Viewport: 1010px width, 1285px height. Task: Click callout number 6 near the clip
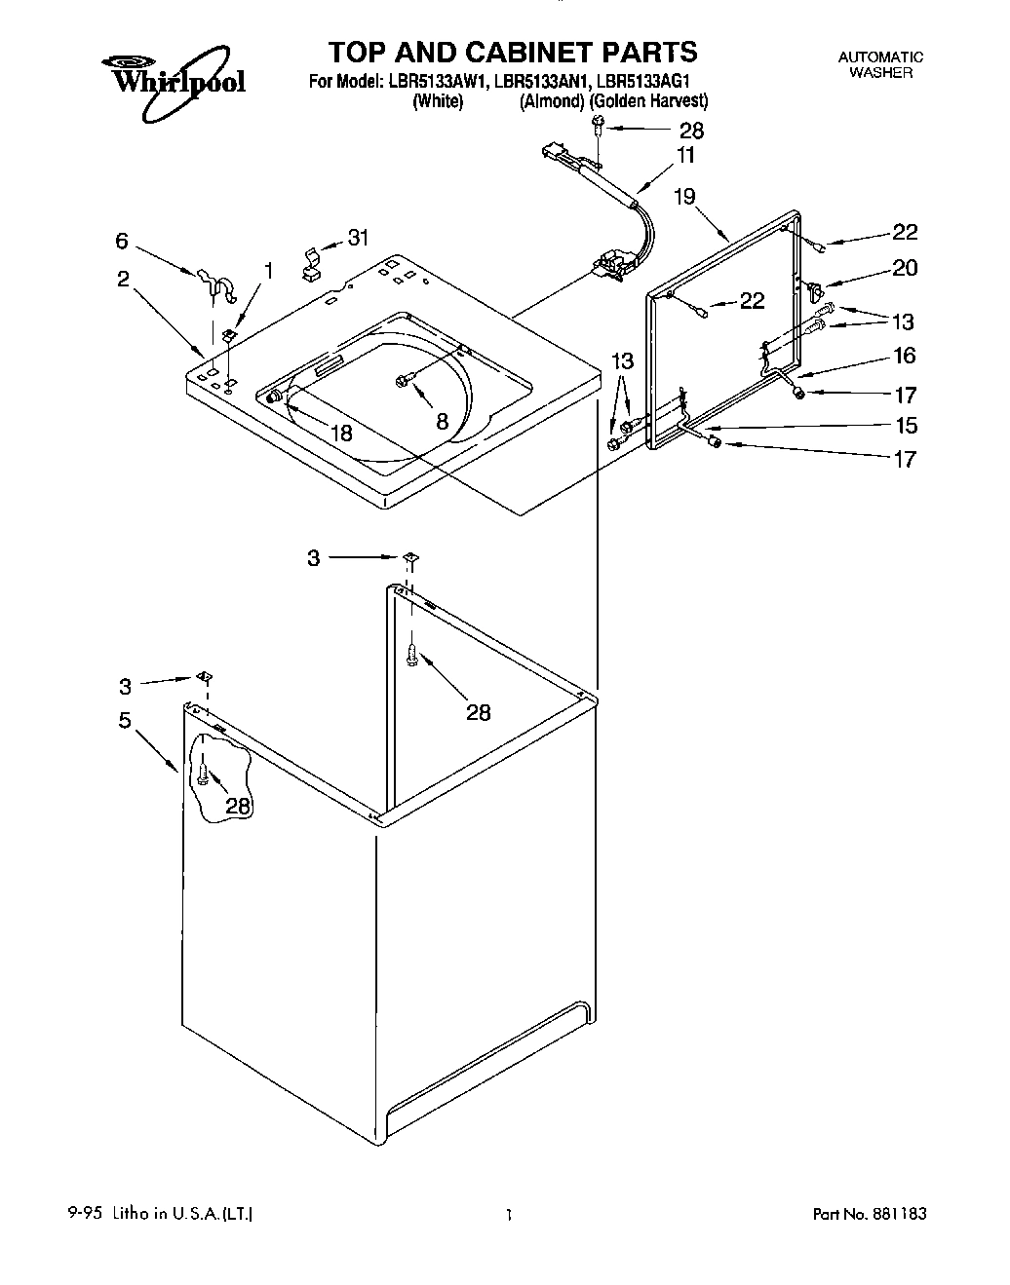(122, 240)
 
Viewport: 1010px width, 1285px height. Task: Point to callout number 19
(684, 197)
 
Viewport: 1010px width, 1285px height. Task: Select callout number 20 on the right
(905, 268)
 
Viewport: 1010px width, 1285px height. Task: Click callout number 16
(905, 356)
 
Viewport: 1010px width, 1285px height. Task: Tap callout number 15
(906, 426)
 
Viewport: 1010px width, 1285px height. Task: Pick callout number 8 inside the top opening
(442, 421)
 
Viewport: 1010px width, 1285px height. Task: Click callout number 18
(341, 434)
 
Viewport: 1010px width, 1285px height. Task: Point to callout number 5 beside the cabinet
(125, 722)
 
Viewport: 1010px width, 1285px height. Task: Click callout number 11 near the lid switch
(686, 156)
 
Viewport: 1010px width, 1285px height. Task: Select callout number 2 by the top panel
(123, 279)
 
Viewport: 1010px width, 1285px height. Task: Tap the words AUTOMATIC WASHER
(880, 64)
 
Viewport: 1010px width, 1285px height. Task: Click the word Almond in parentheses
(552, 101)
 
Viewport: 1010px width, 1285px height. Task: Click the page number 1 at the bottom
(509, 1214)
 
